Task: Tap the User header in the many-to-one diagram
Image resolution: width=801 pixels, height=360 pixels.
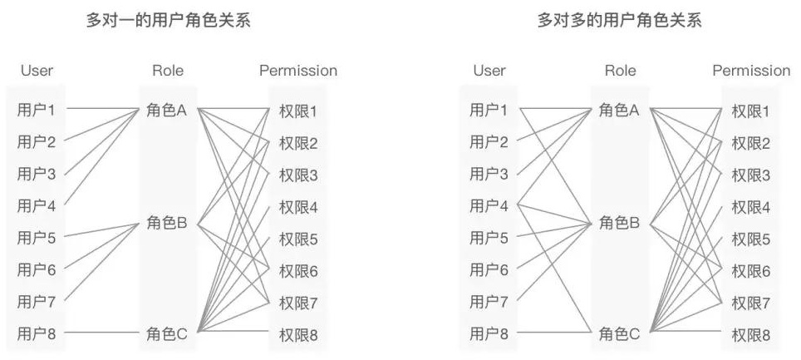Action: [37, 71]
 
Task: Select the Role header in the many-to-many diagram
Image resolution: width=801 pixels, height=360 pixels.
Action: [620, 71]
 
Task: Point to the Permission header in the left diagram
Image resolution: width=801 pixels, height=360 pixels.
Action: [298, 71]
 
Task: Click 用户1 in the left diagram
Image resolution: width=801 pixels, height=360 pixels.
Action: [37, 109]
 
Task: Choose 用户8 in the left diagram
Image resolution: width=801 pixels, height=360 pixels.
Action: [37, 334]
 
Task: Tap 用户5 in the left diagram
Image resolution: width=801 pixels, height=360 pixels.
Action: [37, 239]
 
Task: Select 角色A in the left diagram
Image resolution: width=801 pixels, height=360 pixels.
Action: [166, 110]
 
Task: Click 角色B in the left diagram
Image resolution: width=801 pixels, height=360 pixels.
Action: [166, 223]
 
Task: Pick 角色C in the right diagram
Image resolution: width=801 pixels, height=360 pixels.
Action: [619, 334]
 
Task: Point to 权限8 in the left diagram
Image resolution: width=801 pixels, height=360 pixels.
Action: [298, 335]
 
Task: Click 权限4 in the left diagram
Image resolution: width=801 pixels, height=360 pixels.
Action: [298, 207]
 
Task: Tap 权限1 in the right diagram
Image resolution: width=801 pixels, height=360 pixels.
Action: [750, 111]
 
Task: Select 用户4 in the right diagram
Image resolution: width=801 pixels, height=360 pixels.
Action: [489, 205]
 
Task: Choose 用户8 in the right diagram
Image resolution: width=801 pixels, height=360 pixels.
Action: [489, 334]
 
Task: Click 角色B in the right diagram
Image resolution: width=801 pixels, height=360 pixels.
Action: [619, 223]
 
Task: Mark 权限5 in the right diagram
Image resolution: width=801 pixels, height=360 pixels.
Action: [750, 239]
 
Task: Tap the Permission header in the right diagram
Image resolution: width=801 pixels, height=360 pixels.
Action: [751, 71]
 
